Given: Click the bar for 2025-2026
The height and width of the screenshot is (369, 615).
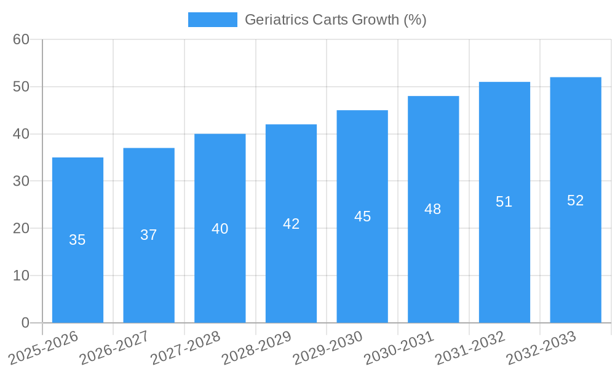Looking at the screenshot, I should pos(77,240).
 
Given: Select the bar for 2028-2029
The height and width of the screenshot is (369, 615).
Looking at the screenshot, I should pos(291,223).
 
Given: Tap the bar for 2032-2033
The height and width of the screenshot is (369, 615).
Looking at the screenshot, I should pos(576,200).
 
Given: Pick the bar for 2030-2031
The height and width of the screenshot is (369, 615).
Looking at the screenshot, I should pos(433,209).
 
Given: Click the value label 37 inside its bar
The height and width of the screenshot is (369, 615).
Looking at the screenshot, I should pos(149,235).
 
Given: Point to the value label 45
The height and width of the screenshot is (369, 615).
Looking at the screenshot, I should pos(362,216).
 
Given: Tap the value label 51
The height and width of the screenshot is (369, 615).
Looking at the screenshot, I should pos(504,202).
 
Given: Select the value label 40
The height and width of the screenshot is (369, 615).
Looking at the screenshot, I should pos(220,229).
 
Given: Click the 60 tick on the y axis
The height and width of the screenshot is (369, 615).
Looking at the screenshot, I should pos(22,39).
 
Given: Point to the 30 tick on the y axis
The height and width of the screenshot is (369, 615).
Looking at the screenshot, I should pos(22,181).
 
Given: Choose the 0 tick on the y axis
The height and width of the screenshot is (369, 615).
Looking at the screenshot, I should pos(25,323).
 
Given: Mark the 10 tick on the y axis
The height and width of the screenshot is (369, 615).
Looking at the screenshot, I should pos(22,276).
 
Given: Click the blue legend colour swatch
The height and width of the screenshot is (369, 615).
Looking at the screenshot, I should pos(212,20).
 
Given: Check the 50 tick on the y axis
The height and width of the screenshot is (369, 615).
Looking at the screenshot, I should pos(22,87).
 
